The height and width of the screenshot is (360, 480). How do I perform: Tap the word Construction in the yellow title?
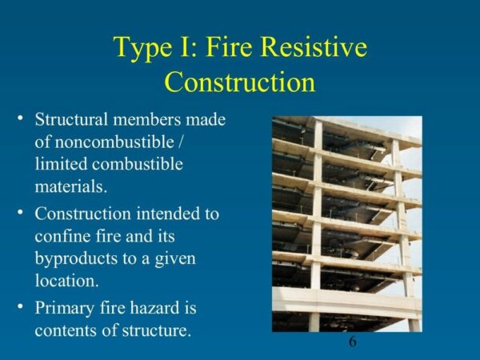point(239,82)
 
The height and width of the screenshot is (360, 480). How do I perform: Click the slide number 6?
point(353,342)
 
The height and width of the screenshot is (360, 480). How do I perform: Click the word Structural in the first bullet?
point(73,120)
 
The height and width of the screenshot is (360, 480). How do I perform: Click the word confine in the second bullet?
point(63,238)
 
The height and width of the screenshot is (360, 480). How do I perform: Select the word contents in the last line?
point(66,330)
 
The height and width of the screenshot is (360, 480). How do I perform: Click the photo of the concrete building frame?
point(346,224)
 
